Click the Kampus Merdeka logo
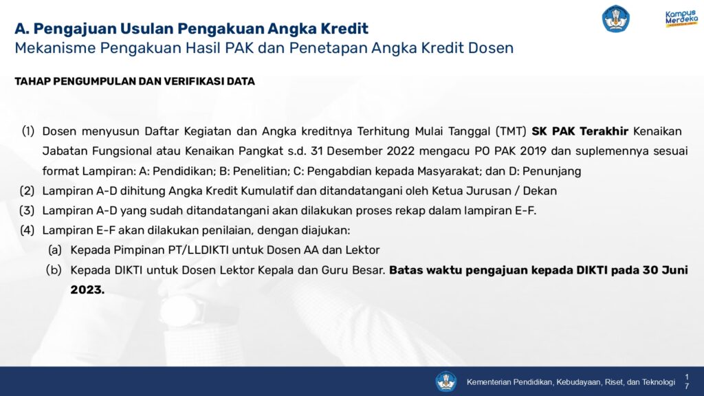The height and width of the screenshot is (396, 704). [x=681, y=19]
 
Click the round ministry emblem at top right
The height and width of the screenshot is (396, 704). [x=615, y=19]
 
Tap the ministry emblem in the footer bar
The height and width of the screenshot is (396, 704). [x=445, y=382]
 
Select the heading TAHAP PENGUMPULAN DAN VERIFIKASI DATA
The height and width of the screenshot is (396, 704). [x=135, y=81]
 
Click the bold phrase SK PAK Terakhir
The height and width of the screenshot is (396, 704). [x=580, y=131]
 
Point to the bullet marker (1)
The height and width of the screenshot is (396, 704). [x=28, y=131]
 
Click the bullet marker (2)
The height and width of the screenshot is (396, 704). [x=27, y=191]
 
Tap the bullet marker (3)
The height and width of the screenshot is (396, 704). [x=27, y=210]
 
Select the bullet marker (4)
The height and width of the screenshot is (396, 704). [x=27, y=230]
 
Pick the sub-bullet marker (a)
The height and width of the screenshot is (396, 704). [x=55, y=250]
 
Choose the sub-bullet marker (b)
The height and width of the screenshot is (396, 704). [x=54, y=269]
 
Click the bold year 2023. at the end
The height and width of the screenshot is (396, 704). [x=87, y=289]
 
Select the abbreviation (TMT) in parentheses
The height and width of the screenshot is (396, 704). [x=511, y=131]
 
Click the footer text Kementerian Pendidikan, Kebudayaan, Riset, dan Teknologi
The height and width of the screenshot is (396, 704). [x=571, y=382]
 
